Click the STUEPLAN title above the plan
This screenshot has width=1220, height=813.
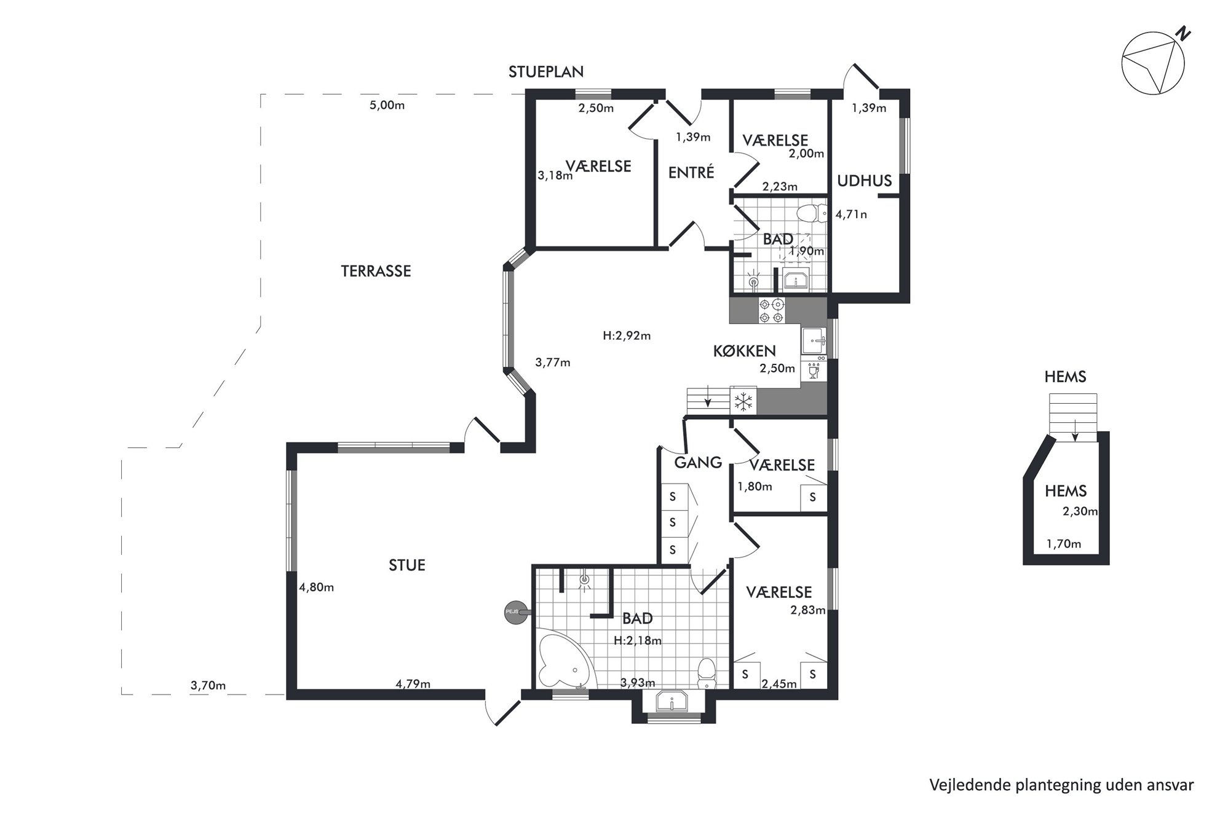tap(545, 72)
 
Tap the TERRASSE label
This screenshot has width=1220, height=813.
tap(376, 271)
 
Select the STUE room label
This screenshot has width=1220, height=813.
tap(407, 565)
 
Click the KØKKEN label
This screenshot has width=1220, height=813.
tap(744, 351)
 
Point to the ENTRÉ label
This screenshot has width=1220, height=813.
tap(691, 173)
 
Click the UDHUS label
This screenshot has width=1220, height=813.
tap(865, 181)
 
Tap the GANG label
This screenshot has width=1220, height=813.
tap(698, 463)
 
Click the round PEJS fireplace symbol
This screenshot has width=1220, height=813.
tap(515, 612)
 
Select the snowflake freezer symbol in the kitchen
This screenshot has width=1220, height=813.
tap(744, 403)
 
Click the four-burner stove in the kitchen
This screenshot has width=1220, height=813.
tap(772, 310)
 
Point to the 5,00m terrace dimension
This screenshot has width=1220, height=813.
tap(387, 105)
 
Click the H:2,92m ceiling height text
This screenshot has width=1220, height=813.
tap(627, 336)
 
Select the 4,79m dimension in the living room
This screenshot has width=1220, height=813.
tap(413, 684)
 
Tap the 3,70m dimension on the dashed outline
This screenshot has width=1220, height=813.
tap(208, 686)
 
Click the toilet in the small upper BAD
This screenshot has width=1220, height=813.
tap(811, 213)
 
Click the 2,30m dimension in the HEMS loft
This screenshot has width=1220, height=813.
tap(1080, 511)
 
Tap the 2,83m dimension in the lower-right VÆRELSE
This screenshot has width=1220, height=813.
tap(808, 610)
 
